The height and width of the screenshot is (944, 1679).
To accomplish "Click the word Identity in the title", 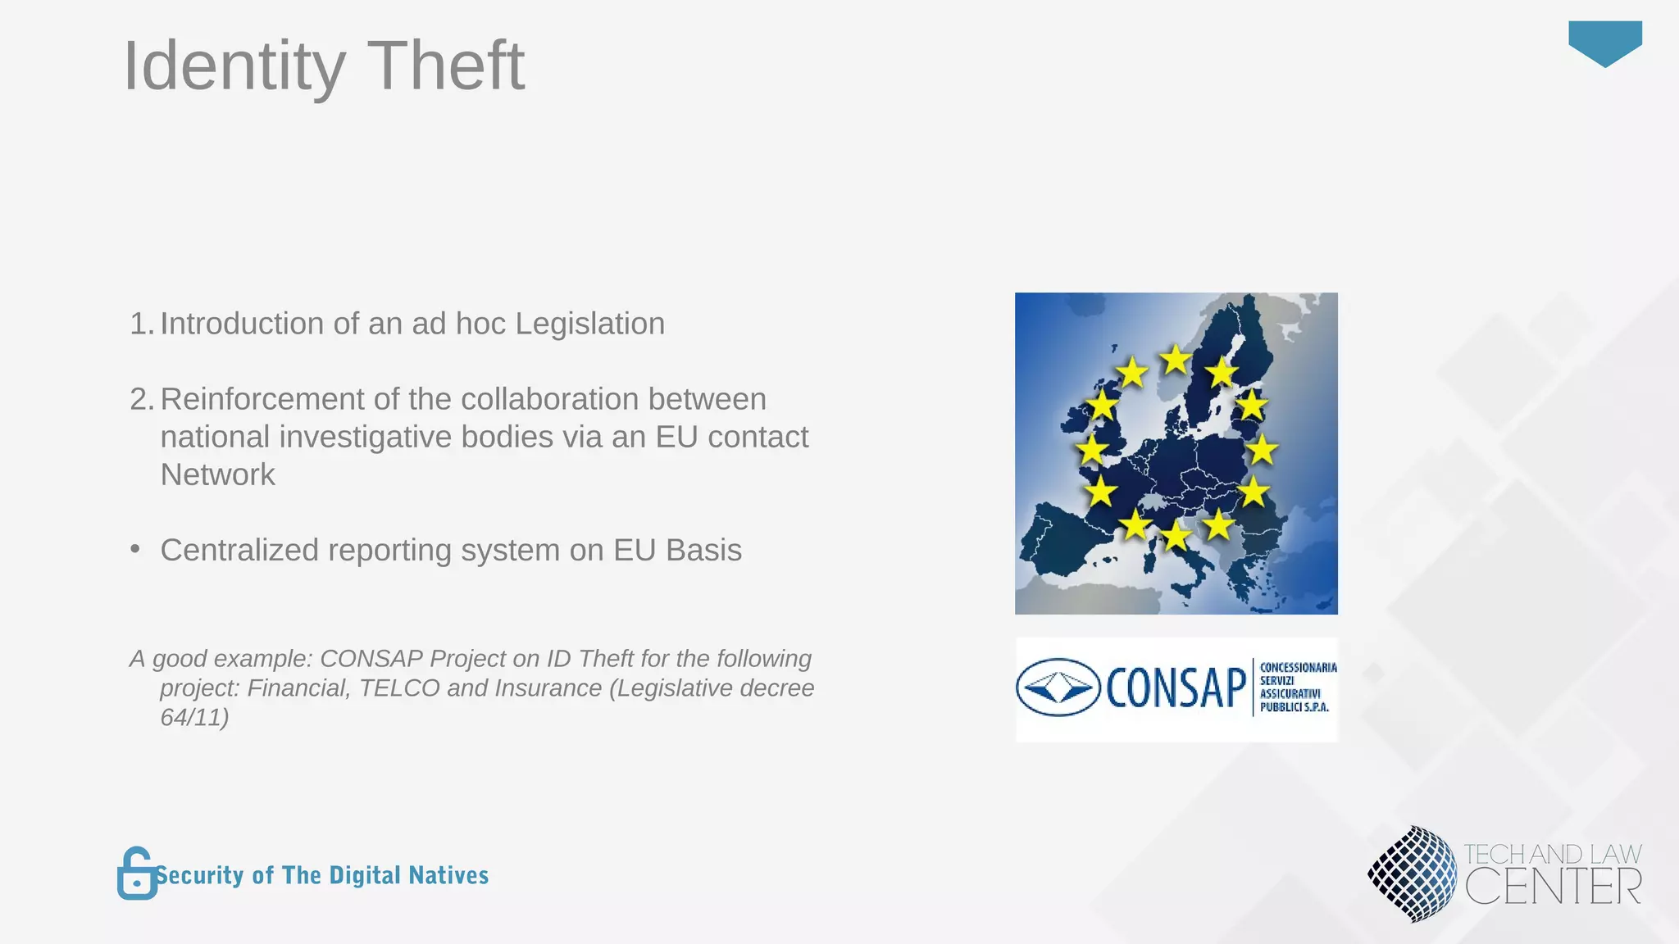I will (x=234, y=67).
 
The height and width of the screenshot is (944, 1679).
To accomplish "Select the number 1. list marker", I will (x=141, y=324).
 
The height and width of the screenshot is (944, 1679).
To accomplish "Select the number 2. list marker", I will (x=141, y=399).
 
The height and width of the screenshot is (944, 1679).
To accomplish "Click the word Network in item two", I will (x=217, y=474).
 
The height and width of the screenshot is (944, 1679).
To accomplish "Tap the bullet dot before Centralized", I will (x=135, y=549).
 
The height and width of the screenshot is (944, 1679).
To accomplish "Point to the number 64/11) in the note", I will (x=194, y=717).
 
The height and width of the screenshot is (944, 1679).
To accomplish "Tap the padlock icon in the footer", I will (x=137, y=874).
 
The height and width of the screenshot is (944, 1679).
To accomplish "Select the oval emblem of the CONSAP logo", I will (x=1058, y=688).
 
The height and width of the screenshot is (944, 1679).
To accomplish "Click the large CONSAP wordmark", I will (x=1176, y=688).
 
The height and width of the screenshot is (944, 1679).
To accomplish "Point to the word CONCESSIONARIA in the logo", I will (x=1298, y=668).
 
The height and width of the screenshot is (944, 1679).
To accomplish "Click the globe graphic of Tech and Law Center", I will (x=1412, y=874).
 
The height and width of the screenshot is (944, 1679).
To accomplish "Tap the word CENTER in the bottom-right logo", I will (x=1553, y=887).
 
